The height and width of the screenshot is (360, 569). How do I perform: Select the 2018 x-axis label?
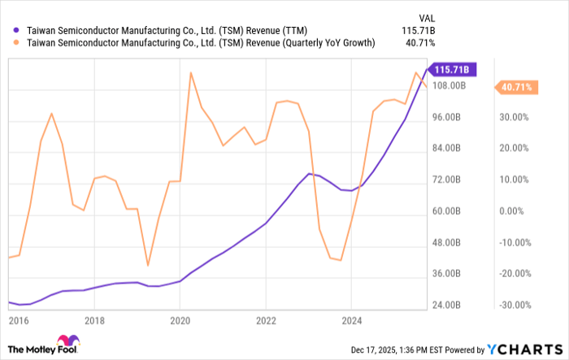point(95,320)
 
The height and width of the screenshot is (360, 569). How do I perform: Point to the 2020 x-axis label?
point(180,320)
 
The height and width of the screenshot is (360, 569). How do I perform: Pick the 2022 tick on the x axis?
point(265,320)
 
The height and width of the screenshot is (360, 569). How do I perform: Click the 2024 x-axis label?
point(350,320)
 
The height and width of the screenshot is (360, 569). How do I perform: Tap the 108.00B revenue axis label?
point(448,85)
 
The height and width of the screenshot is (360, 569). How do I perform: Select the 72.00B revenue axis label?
point(448,180)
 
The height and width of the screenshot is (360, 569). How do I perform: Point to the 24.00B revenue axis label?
point(448,306)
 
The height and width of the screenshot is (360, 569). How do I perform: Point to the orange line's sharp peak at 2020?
point(190,73)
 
